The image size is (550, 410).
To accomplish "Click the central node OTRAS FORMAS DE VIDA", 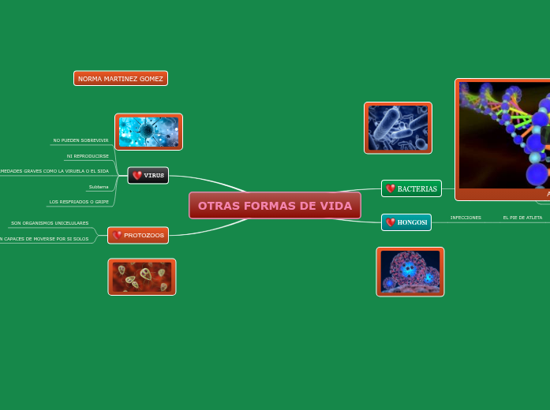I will click(x=275, y=206).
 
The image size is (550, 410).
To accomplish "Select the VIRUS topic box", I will click(x=148, y=175).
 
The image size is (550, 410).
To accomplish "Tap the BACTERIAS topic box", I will click(x=411, y=189).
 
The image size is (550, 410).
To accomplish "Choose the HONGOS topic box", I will click(x=406, y=222).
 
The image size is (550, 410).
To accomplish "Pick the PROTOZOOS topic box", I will click(x=138, y=235).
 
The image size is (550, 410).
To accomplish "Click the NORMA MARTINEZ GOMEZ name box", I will click(x=121, y=79).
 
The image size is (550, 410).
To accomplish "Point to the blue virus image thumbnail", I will click(x=148, y=132).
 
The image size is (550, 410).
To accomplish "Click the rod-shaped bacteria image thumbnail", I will click(x=398, y=128).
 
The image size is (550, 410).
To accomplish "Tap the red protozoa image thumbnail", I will click(x=142, y=277).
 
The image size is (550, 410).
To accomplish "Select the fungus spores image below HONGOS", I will click(x=410, y=272).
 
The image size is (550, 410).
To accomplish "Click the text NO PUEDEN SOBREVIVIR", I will click(x=80, y=140).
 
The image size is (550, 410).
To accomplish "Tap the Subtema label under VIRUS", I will click(x=99, y=187).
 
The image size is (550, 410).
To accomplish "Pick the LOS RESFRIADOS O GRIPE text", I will click(x=79, y=202).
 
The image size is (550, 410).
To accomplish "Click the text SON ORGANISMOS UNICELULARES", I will click(x=50, y=223).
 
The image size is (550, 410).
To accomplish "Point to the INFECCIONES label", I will click(x=466, y=218).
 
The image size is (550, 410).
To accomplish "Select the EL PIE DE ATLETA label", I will click(x=522, y=218).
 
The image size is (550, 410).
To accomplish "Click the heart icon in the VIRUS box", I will click(x=137, y=175).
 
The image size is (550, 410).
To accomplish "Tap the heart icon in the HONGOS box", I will click(x=390, y=222).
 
